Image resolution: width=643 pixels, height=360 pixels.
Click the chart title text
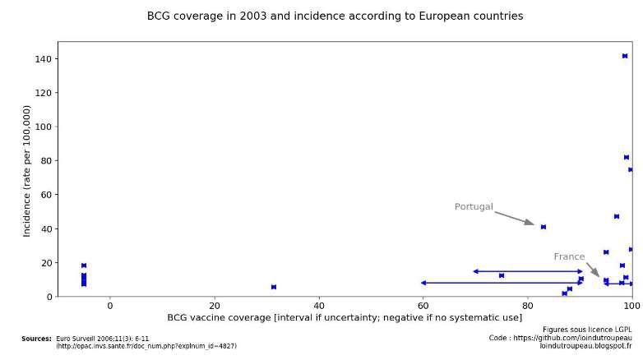tap(335, 16)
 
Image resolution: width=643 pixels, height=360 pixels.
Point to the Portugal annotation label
tap(474, 207)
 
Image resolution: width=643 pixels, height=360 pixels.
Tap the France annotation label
tap(569, 257)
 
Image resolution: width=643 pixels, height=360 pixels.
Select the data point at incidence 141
tap(625, 56)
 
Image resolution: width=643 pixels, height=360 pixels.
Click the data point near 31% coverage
tap(274, 287)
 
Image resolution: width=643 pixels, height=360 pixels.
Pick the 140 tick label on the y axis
tap(43, 59)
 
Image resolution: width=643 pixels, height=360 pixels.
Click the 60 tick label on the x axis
tap(423, 306)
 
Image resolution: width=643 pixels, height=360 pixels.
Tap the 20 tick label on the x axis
tap(215, 306)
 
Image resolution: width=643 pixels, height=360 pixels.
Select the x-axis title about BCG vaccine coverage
tap(345, 317)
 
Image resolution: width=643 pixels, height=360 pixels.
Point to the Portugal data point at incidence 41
tap(544, 227)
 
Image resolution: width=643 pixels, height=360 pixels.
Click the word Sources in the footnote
tap(36, 339)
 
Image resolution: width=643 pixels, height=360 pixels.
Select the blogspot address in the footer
tap(585, 346)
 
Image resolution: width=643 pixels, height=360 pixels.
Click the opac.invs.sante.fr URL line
tap(146, 346)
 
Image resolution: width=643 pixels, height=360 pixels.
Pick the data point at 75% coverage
tap(502, 275)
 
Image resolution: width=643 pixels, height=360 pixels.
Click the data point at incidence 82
tap(627, 157)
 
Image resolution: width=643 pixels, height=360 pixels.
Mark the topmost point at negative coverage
tap(84, 265)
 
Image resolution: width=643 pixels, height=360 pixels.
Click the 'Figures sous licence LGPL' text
tap(587, 330)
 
